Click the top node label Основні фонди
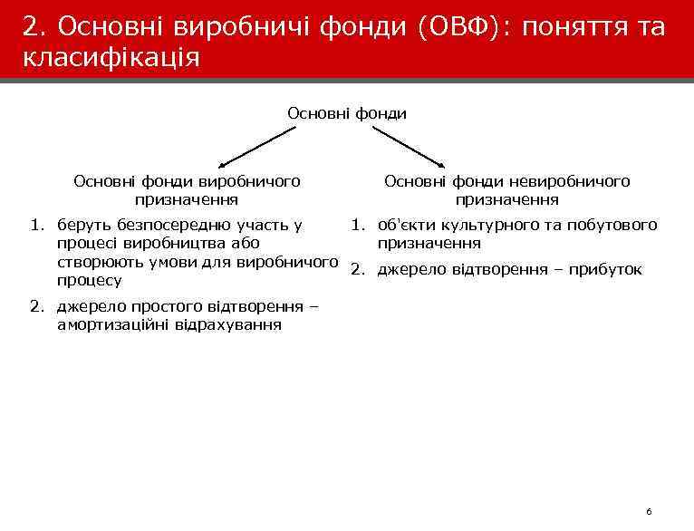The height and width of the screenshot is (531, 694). click(347, 113)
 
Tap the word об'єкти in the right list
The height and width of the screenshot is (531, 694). click(403, 225)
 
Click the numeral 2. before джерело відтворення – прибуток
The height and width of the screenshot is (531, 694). click(359, 269)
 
